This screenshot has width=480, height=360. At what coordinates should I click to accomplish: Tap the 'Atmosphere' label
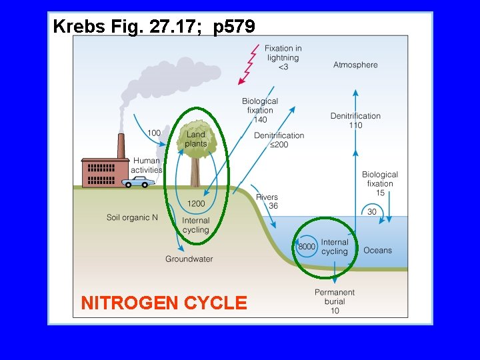[x=355, y=65]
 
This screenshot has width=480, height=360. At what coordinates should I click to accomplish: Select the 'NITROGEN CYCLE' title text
[x=163, y=303]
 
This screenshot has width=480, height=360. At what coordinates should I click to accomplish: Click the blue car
[x=139, y=181]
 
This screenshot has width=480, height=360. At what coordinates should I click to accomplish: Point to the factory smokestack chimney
[x=121, y=147]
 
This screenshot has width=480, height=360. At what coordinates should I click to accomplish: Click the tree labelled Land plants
[x=195, y=150]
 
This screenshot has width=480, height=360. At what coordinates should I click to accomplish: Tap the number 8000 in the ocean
[x=307, y=247]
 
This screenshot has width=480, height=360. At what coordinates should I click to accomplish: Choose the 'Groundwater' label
[x=189, y=259]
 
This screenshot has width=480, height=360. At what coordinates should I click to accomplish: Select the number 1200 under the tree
[x=196, y=203]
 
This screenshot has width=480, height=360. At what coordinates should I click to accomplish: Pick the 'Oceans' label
[x=377, y=251]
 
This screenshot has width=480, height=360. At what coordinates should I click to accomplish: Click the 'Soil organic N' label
[x=132, y=217]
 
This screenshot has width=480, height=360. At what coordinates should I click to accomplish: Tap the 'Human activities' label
[x=147, y=165]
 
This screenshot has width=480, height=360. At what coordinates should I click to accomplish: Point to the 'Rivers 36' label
[x=267, y=201]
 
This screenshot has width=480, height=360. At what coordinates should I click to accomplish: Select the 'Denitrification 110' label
[x=355, y=120]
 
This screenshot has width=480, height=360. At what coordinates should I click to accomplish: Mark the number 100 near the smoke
[x=154, y=133]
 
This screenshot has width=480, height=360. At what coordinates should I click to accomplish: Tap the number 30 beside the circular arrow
[x=372, y=212]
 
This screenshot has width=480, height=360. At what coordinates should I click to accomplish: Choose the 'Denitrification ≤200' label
[x=279, y=140]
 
